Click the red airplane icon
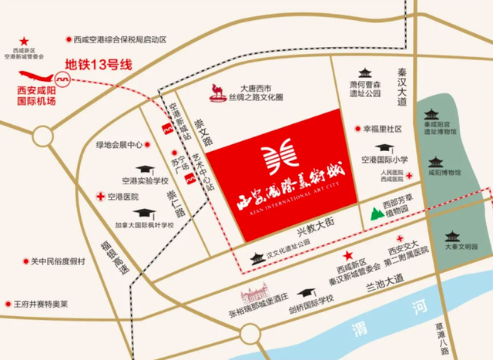[x=38, y=76]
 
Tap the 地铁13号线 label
[x=99, y=66]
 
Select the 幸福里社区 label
[x=383, y=129]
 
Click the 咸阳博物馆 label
[x=444, y=174]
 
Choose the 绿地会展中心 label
[x=119, y=143]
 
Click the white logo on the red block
[x=280, y=159]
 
